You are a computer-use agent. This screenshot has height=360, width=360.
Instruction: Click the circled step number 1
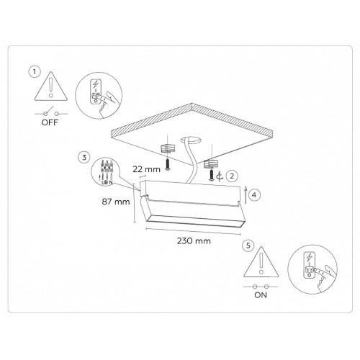[35, 72]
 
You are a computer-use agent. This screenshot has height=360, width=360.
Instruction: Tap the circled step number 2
[232, 176]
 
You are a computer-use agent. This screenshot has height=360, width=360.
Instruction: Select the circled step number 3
[84, 158]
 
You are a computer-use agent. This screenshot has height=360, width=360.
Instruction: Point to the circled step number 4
[254, 195]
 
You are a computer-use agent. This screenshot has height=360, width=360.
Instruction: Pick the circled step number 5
[248, 246]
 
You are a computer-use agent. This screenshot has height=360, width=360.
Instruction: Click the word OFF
[50, 122]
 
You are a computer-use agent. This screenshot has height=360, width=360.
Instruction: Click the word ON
[261, 295]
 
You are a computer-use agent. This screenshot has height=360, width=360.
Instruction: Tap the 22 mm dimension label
[146, 169]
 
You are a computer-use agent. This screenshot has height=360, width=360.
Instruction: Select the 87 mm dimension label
[116, 202]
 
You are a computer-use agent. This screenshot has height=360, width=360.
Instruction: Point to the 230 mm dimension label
[194, 240]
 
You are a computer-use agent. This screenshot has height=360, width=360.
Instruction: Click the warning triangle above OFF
[50, 86]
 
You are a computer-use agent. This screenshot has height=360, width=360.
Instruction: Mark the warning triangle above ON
[261, 262]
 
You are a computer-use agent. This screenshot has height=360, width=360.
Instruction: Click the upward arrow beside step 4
[246, 194]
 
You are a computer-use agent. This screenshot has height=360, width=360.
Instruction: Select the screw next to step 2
[212, 175]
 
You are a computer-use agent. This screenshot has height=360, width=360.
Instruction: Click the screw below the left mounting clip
[168, 165]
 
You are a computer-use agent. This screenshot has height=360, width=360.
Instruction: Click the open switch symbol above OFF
[51, 113]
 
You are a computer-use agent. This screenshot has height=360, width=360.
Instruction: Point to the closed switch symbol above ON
[261, 287]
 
